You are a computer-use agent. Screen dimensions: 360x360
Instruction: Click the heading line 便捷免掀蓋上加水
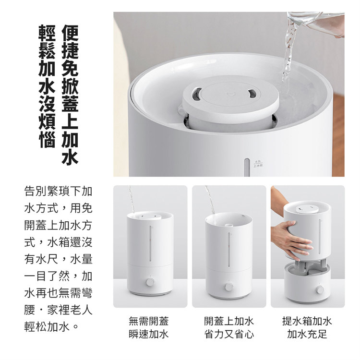70,95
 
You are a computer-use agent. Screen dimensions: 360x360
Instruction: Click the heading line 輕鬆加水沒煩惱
47,86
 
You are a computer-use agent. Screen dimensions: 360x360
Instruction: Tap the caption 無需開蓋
149,321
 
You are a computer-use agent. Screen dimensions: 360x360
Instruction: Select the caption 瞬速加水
149,334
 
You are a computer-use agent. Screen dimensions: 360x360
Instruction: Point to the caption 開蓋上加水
229,321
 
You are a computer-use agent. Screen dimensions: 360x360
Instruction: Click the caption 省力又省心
229,334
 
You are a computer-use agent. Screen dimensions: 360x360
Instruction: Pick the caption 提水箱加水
307,321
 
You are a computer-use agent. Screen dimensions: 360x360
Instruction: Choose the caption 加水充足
307,334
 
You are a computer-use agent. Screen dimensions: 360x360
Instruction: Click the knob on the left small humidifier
150,282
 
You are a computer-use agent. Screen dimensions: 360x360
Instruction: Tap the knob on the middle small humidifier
229,287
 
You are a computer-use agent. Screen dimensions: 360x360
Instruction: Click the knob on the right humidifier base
320,290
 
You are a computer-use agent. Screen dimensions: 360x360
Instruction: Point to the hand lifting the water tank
291,238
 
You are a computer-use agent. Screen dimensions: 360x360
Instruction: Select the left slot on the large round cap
196,94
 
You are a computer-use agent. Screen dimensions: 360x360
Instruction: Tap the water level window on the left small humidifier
151,244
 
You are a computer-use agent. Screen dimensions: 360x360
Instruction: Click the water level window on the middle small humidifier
229,250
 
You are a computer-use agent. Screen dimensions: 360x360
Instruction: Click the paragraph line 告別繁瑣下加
58,191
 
